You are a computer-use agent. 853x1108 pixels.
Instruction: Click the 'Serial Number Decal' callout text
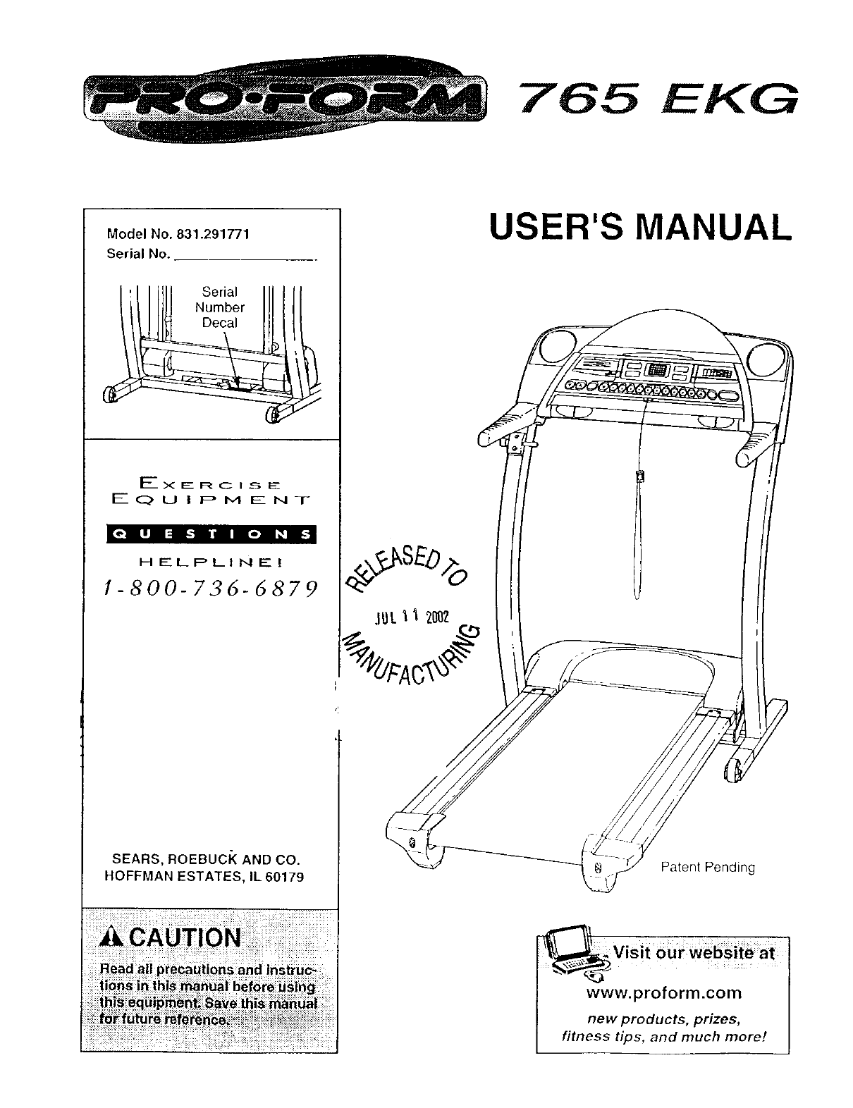click(x=219, y=307)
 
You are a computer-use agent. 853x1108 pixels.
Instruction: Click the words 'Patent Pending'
click(x=707, y=867)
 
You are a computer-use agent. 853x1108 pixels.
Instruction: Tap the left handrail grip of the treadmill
click(x=503, y=428)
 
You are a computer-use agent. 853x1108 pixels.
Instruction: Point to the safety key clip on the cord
click(x=639, y=476)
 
